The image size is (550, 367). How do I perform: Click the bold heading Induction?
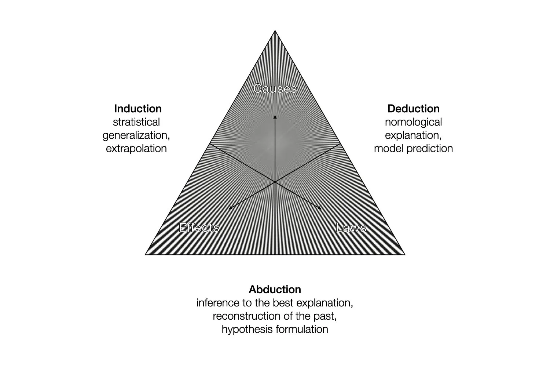tap(138, 109)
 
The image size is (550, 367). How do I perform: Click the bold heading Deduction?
tap(413, 109)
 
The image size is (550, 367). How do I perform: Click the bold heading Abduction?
tap(275, 290)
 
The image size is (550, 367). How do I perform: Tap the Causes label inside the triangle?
tap(275, 88)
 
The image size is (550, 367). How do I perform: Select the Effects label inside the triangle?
tap(199, 228)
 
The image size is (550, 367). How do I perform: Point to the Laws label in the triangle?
tap(351, 228)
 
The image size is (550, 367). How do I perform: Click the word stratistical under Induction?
tap(136, 122)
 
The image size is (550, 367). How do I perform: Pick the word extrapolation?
tap(136, 148)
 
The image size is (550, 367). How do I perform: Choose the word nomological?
tap(413, 122)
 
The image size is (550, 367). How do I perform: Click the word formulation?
tap(302, 329)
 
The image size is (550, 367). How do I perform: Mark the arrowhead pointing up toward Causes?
tap(275, 116)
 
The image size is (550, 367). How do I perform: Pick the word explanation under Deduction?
tap(413, 135)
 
